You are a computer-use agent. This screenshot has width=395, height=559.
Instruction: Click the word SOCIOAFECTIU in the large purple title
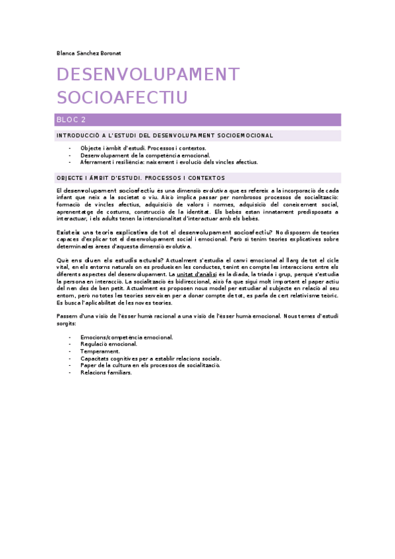point(123,98)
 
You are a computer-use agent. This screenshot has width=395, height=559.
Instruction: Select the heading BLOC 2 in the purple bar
point(71,120)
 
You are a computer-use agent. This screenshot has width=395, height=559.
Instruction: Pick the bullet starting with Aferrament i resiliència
point(169,162)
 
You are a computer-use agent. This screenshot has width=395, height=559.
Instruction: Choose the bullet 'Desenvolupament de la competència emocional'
point(145,155)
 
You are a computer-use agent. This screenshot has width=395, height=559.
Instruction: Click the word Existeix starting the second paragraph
point(69,233)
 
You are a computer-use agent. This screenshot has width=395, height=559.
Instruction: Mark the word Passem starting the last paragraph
point(68,316)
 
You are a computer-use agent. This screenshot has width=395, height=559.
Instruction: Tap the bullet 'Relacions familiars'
point(106,372)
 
